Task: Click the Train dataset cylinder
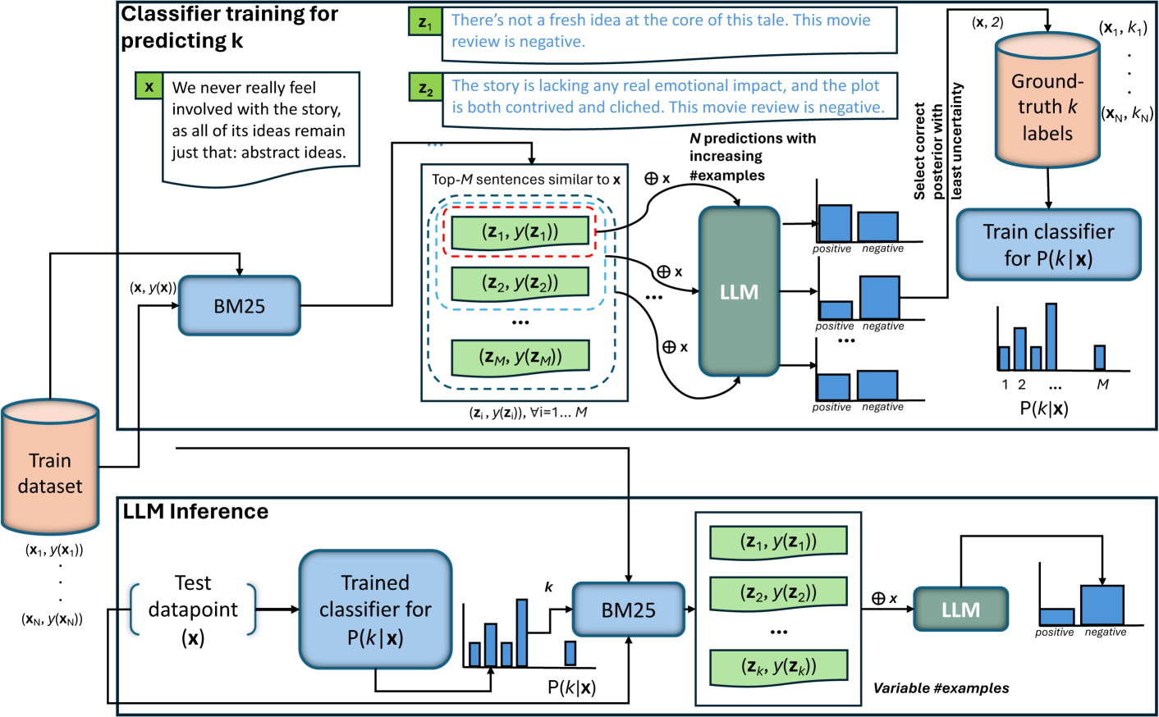click(x=50, y=468)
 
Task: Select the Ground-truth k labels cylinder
click(x=1047, y=103)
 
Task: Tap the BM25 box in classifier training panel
click(x=240, y=306)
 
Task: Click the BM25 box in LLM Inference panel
click(x=628, y=610)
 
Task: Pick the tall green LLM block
click(x=739, y=292)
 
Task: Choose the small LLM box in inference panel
click(x=960, y=610)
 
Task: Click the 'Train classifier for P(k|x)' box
click(x=1048, y=244)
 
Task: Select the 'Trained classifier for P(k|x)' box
click(x=375, y=610)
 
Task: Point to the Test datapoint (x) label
click(x=193, y=610)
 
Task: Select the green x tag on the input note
click(x=149, y=86)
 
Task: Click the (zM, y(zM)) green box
click(x=520, y=357)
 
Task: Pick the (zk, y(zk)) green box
click(x=778, y=665)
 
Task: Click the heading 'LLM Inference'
click(x=195, y=512)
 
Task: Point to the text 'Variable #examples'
click(x=941, y=688)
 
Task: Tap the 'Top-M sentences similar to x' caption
click(x=525, y=179)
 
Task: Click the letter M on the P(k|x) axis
click(x=1102, y=384)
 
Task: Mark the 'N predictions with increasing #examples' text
click(x=752, y=156)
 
